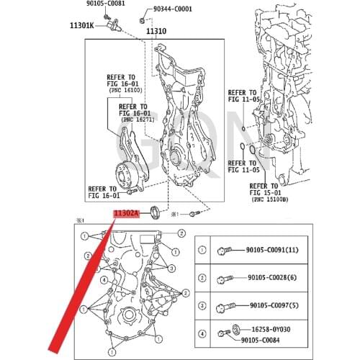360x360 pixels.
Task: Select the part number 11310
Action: tap(156, 32)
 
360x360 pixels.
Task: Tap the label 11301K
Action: tap(81, 26)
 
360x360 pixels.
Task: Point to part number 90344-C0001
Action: tap(173, 10)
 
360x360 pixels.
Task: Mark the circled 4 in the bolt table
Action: tap(202, 332)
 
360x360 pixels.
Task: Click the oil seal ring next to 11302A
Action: tap(153, 212)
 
